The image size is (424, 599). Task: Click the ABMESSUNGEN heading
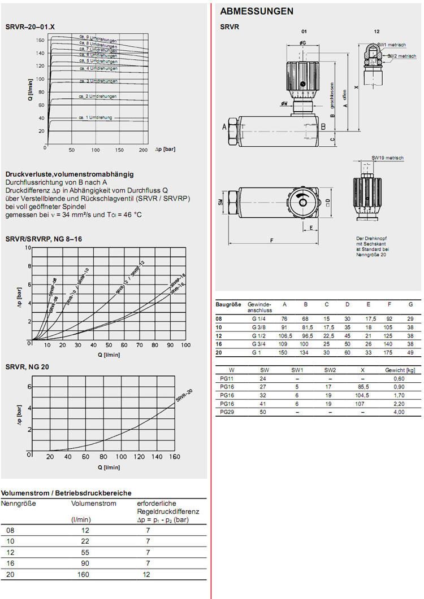(256, 11)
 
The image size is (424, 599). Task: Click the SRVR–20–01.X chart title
(30, 27)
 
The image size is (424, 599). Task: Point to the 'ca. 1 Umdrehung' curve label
(96, 117)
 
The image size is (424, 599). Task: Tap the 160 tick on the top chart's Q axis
(40, 40)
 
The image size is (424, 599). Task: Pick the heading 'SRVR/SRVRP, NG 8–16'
(44, 239)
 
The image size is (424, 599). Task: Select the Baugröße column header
(228, 304)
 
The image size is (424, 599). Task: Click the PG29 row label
(228, 412)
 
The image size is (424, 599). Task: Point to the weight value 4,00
(399, 412)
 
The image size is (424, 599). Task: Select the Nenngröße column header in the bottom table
(19, 504)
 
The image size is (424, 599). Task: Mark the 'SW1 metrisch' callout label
(390, 44)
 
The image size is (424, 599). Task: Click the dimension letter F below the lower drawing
(271, 240)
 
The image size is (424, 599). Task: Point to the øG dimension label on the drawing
(303, 42)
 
